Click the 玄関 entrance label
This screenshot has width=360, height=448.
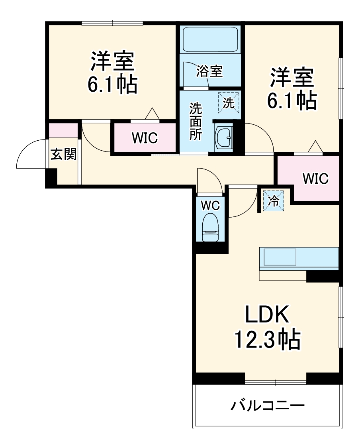(x=63, y=154)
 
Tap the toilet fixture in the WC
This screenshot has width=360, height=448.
(x=210, y=228)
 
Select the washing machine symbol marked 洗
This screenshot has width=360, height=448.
(x=229, y=102)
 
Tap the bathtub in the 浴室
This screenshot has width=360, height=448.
(x=210, y=39)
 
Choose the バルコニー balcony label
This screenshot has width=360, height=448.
(x=268, y=407)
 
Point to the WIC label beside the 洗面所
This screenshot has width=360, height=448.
(x=145, y=138)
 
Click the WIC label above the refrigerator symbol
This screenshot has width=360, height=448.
(x=315, y=179)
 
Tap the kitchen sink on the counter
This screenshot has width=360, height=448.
(x=279, y=257)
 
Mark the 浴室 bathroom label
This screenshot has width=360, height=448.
(x=209, y=72)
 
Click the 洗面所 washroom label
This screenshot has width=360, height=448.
(x=195, y=122)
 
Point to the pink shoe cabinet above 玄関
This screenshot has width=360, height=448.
(x=63, y=130)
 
